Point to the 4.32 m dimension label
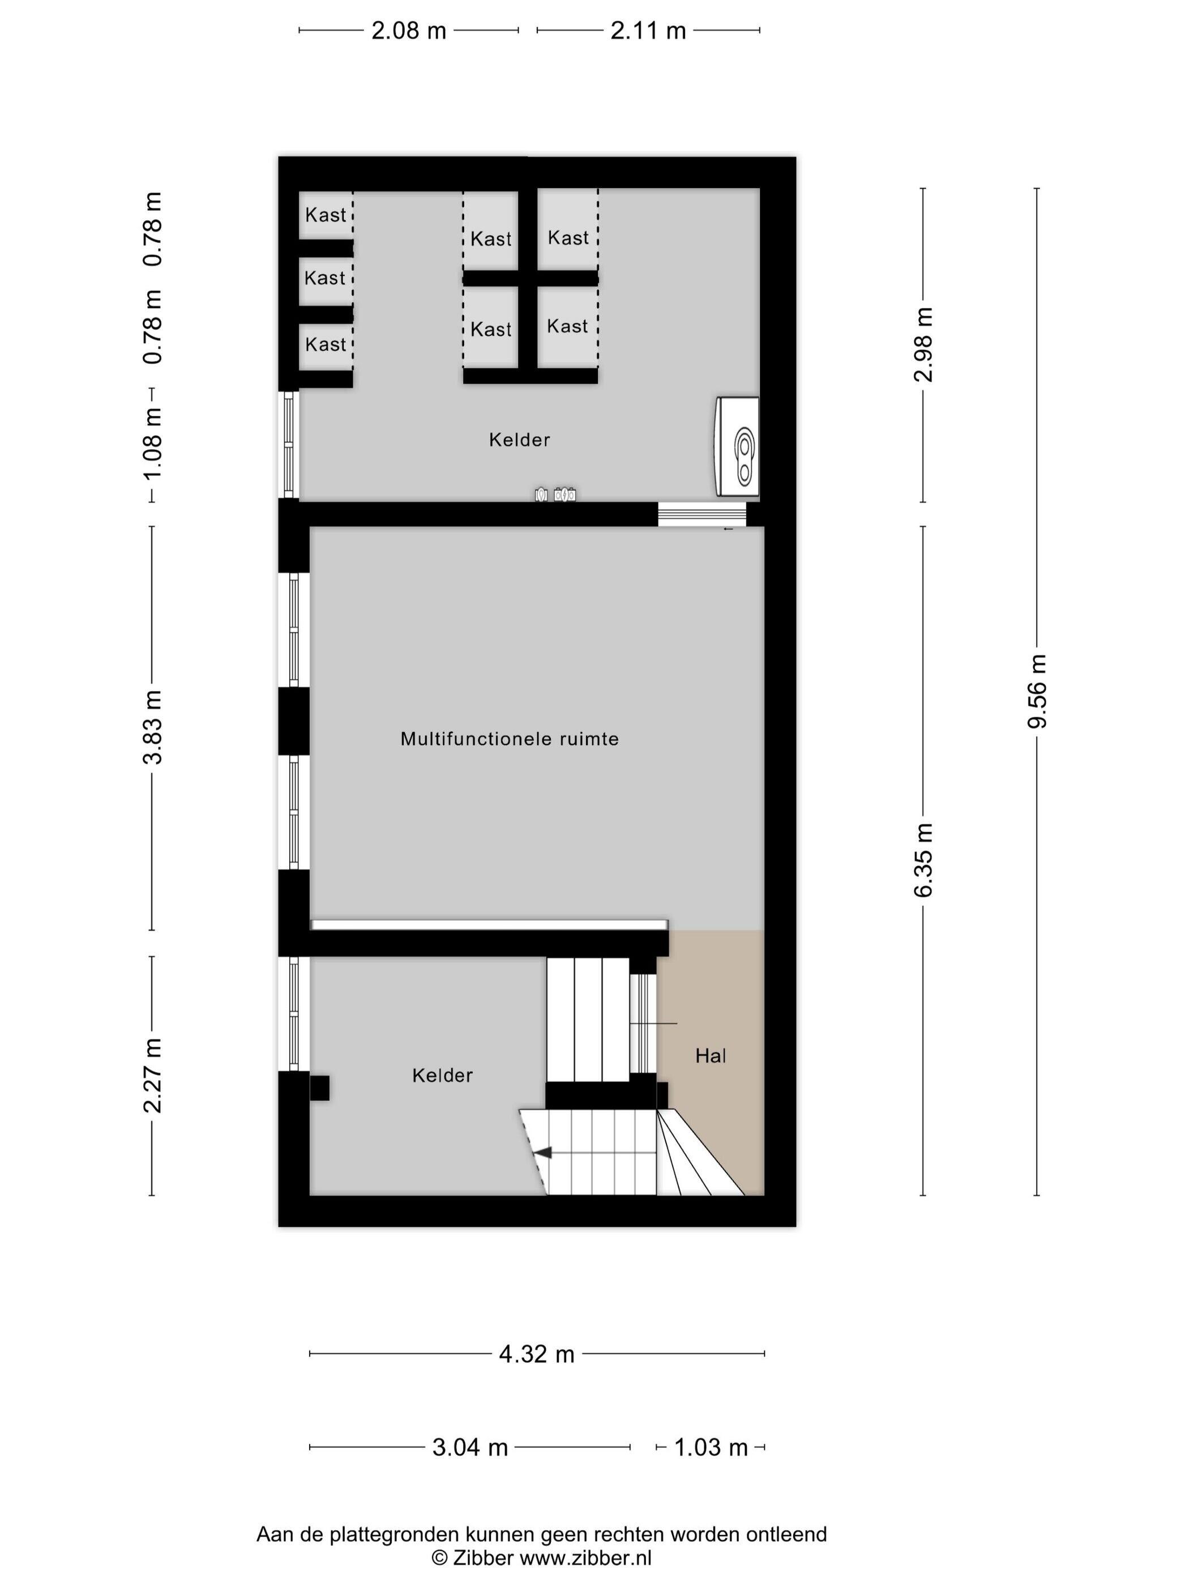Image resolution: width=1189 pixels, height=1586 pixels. [537, 1354]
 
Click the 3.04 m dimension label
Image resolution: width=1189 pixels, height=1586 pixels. [470, 1447]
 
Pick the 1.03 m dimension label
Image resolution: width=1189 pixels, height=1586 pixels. [711, 1447]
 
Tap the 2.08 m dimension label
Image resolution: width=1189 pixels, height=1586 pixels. [409, 31]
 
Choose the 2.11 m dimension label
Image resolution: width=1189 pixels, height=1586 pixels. [648, 31]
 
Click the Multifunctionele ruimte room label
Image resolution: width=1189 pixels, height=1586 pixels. [510, 739]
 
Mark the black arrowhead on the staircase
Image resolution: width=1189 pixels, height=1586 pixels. [544, 1153]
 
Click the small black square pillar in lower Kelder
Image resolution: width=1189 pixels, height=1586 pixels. [320, 1088]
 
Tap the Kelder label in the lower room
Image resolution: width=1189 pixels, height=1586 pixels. [442, 1076]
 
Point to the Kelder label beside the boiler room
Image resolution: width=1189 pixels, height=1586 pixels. [520, 440]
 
